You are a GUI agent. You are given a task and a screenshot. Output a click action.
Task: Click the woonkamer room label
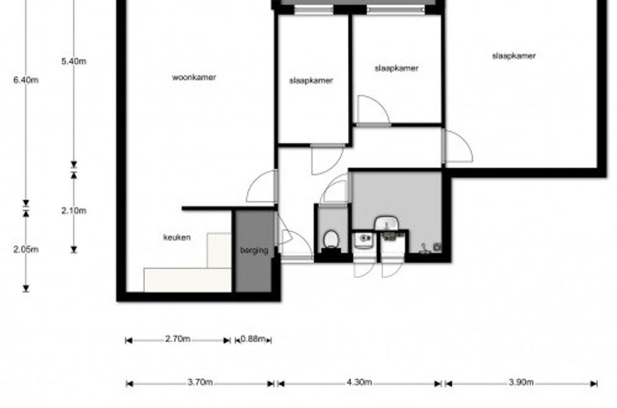194,77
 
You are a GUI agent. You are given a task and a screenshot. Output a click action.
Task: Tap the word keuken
177,237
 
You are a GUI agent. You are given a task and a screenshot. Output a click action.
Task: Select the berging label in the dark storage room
254,250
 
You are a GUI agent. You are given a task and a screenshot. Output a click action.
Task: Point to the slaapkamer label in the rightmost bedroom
514,56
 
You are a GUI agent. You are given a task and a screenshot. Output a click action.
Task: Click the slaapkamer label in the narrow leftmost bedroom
311,81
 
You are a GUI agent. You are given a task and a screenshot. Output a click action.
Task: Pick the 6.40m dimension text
26,80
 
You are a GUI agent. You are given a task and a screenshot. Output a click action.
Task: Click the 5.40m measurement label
74,61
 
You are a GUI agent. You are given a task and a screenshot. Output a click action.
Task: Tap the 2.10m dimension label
74,211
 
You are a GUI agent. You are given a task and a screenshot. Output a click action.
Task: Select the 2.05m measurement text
26,249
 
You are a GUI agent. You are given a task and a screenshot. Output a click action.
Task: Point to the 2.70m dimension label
178,339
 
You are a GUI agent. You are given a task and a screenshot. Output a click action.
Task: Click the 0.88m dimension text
253,339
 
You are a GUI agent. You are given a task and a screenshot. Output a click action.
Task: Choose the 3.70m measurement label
200,382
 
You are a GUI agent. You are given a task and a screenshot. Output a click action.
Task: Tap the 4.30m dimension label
360,382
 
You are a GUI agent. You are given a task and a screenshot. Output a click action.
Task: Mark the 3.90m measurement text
521,382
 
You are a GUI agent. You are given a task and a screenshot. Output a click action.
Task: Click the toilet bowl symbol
331,240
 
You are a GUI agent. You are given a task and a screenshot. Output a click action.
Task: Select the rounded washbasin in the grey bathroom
387,223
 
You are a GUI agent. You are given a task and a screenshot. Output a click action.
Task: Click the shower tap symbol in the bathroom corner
424,249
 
